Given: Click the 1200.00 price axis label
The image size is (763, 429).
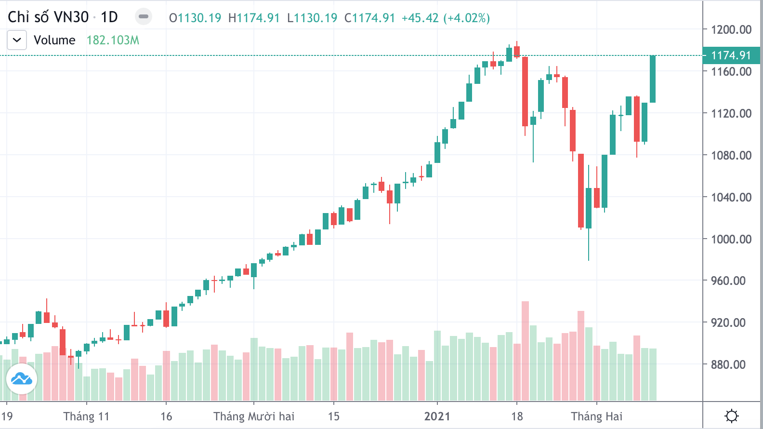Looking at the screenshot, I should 731,30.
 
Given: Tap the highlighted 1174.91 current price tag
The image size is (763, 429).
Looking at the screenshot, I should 731,55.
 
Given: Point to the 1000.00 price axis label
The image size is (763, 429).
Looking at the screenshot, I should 731,239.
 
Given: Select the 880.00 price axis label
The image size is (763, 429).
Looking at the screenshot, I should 728,364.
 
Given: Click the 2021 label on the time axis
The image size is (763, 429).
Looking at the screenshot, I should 437,416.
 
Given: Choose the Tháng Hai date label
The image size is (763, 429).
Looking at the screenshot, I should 596,416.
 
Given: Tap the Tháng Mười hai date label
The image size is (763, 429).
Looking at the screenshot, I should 254,416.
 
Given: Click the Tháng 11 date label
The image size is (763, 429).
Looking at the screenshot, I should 86,416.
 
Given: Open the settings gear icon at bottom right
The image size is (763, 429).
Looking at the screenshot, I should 732,416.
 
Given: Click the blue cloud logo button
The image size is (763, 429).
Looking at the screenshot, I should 22,379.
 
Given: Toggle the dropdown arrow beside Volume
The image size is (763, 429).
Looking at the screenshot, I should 17,40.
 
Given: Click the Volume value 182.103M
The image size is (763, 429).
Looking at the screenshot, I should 113,40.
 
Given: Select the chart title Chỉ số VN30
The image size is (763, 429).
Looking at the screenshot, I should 48,17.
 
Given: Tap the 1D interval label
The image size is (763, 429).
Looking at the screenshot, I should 109,17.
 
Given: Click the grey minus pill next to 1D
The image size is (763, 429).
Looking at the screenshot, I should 143,17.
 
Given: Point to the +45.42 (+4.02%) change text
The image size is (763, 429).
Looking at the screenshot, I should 446,18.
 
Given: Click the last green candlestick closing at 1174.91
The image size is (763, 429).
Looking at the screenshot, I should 653,79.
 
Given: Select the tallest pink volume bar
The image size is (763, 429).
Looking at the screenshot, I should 525,350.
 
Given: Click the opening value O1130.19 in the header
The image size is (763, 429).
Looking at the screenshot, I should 195,18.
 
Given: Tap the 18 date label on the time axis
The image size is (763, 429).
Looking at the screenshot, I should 517,416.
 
